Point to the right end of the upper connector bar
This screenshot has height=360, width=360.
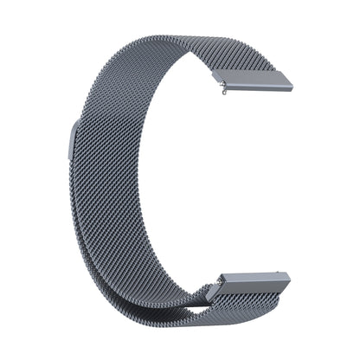click(x=289, y=86)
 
